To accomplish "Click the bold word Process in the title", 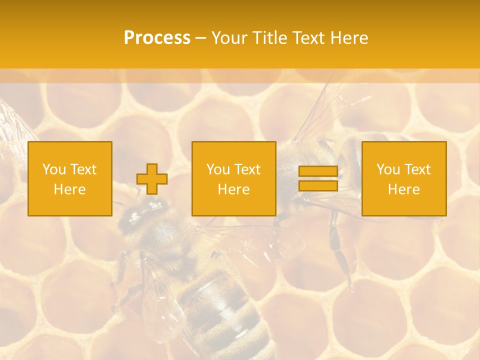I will pos(157,38).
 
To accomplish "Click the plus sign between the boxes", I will pos(152,179).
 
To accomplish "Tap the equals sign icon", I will pos(318,178).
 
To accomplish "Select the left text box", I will pos(70,179).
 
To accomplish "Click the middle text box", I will pos(234,179).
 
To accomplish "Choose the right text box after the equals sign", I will pos(404,179).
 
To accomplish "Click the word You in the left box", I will pos(54,169).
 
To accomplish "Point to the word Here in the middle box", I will pos(234,189).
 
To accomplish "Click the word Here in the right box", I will pos(404,189).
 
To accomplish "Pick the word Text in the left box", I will pos(83,169).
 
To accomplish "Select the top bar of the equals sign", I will pos(318,171).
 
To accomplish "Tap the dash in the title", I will pos(200,38).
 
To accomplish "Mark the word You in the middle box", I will pos(218,169).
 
